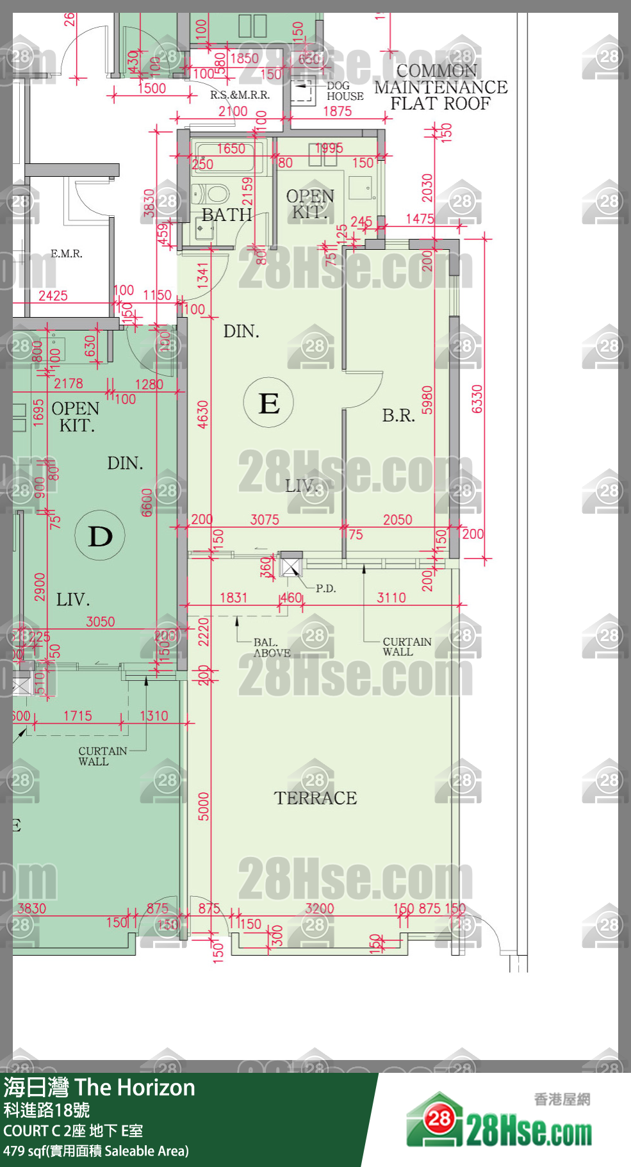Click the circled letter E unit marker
pos(268,403)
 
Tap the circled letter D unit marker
pos(100,535)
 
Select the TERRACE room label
pos(315,798)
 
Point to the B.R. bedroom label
pos(398,416)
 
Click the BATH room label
pos(226,215)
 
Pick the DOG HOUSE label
pos(345,91)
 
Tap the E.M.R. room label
pos(67,254)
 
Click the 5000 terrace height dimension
pos(204,806)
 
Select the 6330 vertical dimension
pos(477,399)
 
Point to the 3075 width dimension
pos(265,519)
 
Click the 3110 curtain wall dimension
pos(391,598)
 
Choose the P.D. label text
pos(325,589)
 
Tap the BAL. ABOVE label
pos(272,648)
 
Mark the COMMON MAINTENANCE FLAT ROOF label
pos(441,87)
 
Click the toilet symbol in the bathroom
pos(215,193)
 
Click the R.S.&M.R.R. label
pos(240,95)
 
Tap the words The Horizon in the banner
pos(135,1088)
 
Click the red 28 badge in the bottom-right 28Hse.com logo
pos(439,1119)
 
